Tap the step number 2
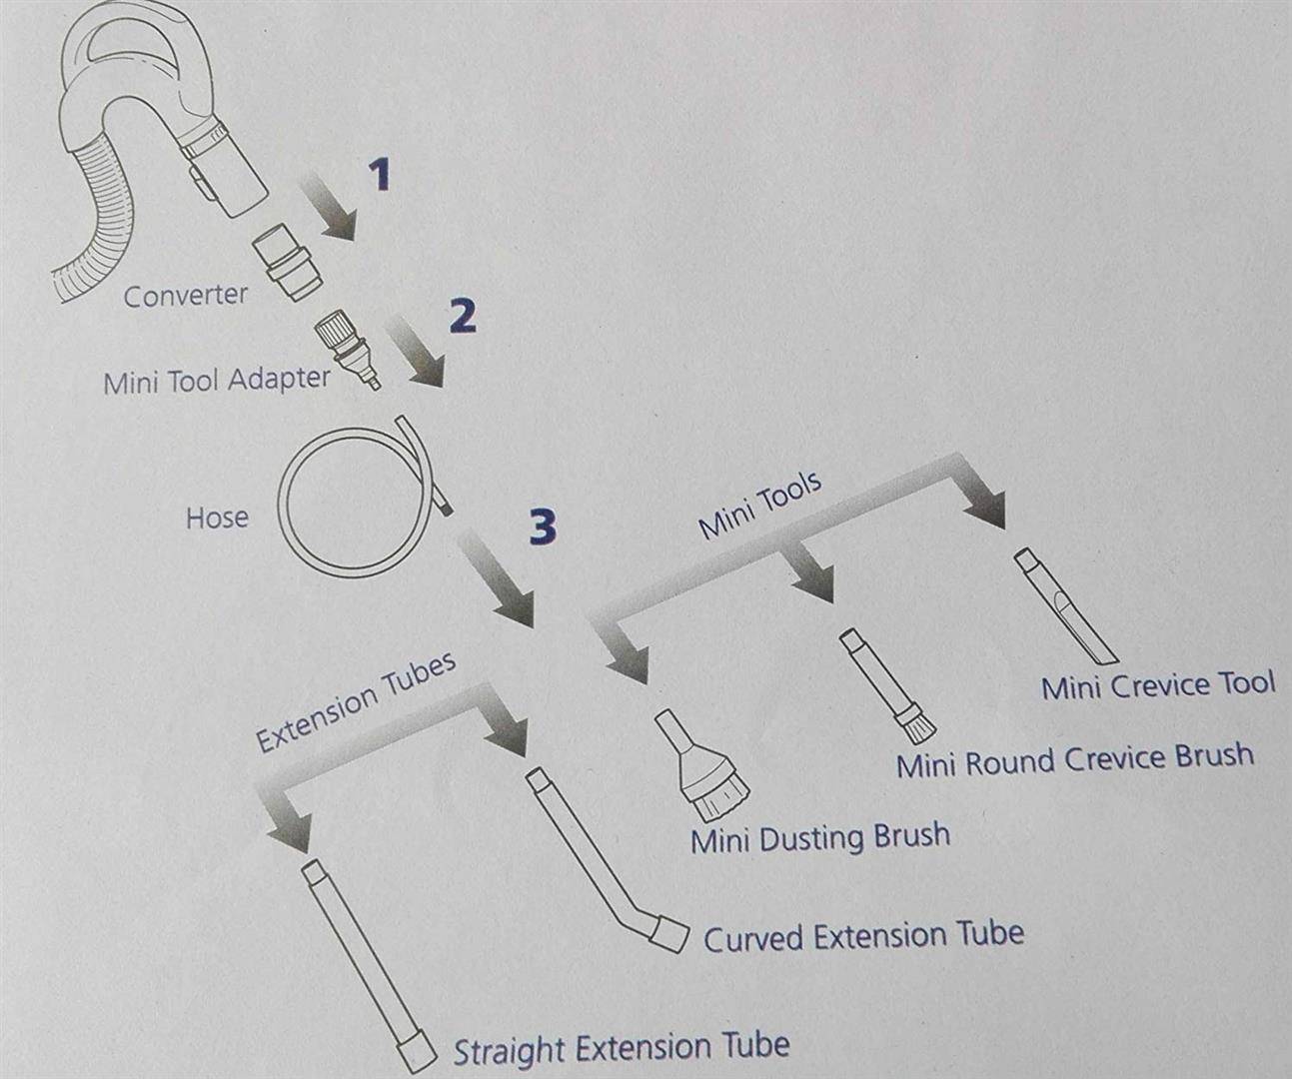point(463,316)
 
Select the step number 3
point(543,528)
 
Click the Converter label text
point(186,296)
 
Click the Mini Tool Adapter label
point(217,380)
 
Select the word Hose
point(217,518)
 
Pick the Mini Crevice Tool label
point(1158,684)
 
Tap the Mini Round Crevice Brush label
point(1075,759)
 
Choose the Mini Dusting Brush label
point(820,838)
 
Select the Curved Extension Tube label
point(863,935)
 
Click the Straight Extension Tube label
point(622,1047)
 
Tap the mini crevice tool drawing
point(1065,605)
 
